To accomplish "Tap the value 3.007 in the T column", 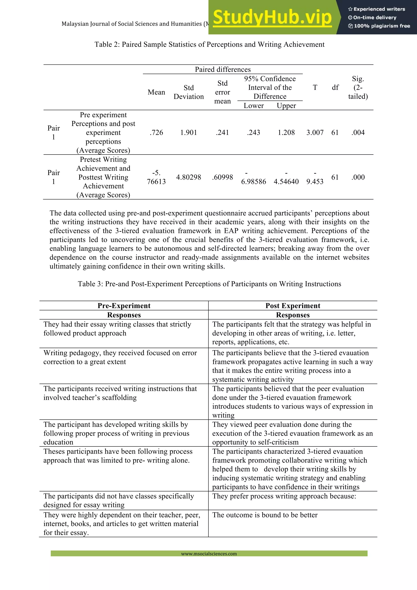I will click(315, 133).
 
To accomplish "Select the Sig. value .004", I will click(358, 133).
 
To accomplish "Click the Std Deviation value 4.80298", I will click(188, 177).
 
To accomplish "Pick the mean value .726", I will click(156, 133).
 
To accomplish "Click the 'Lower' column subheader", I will click(253, 106).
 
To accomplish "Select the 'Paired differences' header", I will click(223, 69).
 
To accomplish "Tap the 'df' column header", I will click(335, 88).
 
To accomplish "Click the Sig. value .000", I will click(358, 177).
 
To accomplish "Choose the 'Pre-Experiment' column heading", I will click(124, 306).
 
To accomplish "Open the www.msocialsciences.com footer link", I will click(209, 554).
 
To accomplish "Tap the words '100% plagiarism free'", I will click(382, 26).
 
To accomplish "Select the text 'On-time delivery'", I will click(375, 18).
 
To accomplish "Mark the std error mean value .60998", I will click(223, 177).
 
